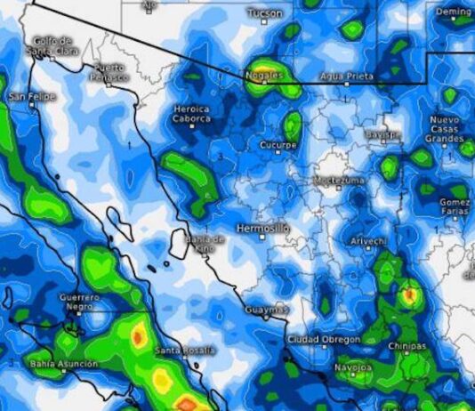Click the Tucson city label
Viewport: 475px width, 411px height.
pyautogui.click(x=264, y=13)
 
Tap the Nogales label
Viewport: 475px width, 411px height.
pyautogui.click(x=264, y=77)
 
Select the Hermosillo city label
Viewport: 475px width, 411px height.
pyautogui.click(x=262, y=229)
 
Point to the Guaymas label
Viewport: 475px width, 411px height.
pyautogui.click(x=266, y=310)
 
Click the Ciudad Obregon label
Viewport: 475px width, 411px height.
pyautogui.click(x=324, y=340)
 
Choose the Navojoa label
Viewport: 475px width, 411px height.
pyautogui.click(x=354, y=366)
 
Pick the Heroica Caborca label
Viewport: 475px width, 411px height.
pyautogui.click(x=191, y=113)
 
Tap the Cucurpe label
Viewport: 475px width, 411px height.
pyautogui.click(x=278, y=144)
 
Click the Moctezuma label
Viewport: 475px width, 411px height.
pyautogui.click(x=339, y=181)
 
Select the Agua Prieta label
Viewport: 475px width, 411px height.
pyautogui.click(x=346, y=77)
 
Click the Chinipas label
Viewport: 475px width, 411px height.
pyautogui.click(x=407, y=346)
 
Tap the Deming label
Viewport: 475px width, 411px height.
pyautogui.click(x=455, y=12)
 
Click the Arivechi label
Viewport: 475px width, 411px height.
pyautogui.click(x=368, y=241)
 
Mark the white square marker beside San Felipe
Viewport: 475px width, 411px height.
pyautogui.click(x=31, y=104)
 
